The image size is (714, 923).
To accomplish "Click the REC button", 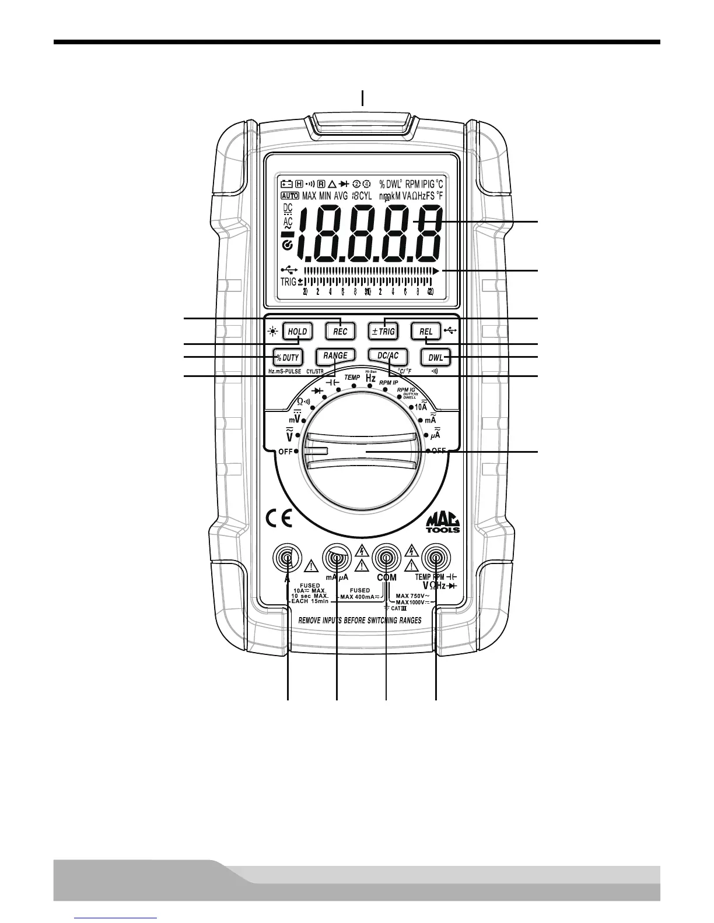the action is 340,331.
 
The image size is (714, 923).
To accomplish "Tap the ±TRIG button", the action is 383,331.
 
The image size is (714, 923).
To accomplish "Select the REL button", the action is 426,331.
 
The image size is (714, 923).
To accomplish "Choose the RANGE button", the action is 335,356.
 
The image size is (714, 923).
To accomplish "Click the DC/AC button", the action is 387,356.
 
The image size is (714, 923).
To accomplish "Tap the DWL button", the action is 435,357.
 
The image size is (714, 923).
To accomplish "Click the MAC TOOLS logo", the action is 443,522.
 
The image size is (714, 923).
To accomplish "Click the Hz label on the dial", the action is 370,378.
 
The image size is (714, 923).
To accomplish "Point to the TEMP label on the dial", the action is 352,378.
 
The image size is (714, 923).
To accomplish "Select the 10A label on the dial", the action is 421,407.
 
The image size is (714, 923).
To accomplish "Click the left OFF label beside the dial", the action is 285,452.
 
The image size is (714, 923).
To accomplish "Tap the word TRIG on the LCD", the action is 288,281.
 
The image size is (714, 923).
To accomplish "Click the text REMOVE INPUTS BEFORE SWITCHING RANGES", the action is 360,621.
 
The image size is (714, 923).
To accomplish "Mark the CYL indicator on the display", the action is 365,195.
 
